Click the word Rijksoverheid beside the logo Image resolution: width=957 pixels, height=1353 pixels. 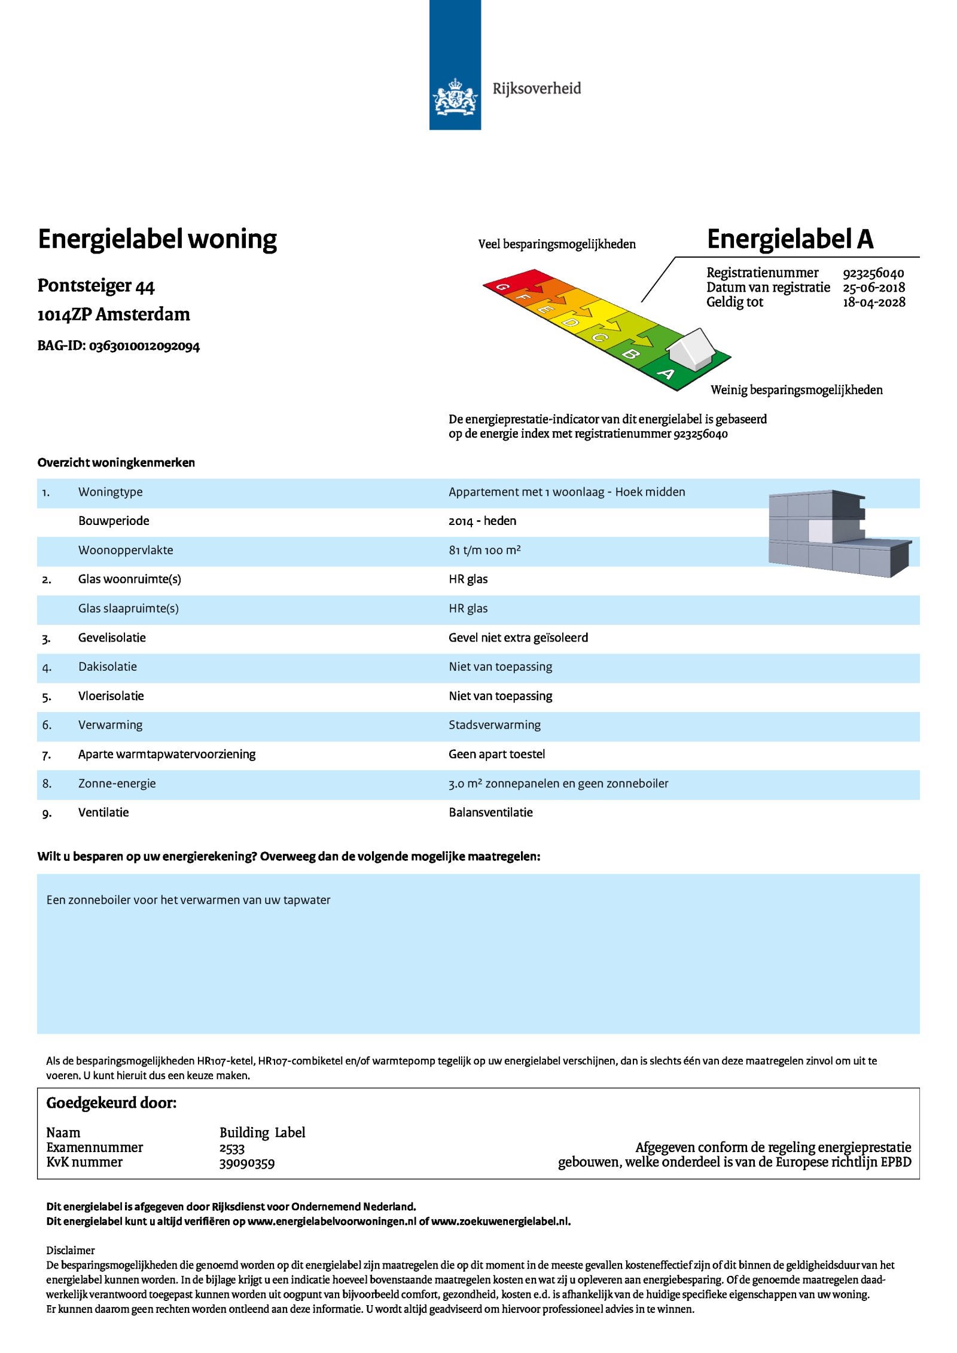click(x=537, y=89)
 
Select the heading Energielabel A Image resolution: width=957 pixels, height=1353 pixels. click(x=790, y=239)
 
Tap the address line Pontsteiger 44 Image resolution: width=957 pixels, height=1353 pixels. click(x=96, y=286)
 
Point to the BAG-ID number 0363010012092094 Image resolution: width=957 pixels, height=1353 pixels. click(x=144, y=346)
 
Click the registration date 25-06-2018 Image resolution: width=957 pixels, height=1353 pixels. click(x=874, y=288)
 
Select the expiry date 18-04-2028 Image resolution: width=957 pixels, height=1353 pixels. click(x=874, y=302)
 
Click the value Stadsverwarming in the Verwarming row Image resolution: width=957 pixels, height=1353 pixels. click(x=495, y=725)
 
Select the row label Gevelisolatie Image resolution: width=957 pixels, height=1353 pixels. click(x=112, y=638)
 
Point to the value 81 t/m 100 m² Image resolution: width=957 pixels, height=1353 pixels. click(x=484, y=550)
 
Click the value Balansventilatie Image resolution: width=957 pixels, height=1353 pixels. click(x=490, y=813)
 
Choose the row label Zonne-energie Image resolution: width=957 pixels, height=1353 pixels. click(x=117, y=784)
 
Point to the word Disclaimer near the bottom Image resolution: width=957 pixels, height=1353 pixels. click(x=71, y=1250)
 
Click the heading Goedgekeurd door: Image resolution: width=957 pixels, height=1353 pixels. click(x=111, y=1103)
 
